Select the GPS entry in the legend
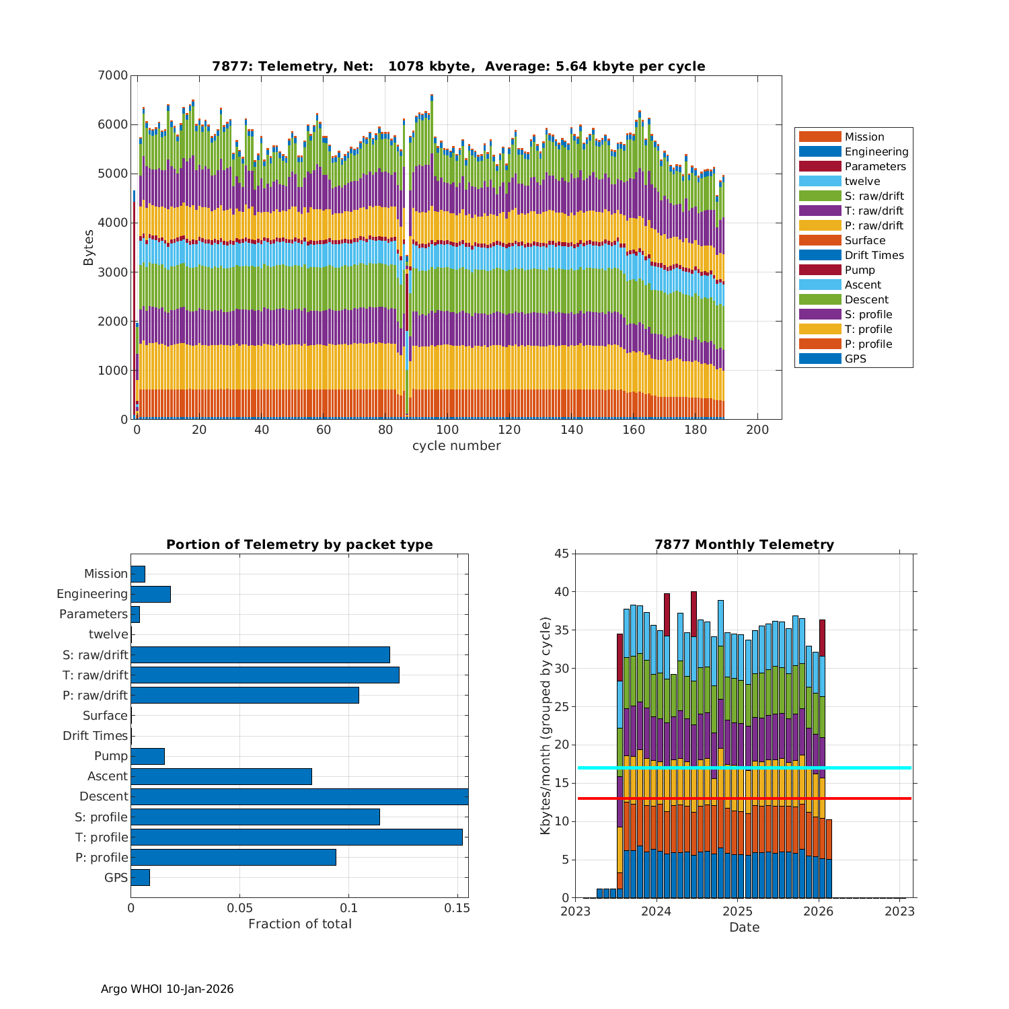click(855, 359)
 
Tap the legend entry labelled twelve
click(862, 182)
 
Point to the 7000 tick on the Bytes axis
click(114, 75)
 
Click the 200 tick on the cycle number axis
click(757, 431)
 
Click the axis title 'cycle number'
click(456, 446)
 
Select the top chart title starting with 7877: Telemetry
click(458, 67)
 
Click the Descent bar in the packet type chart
click(299, 796)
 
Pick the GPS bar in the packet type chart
click(140, 877)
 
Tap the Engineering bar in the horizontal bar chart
click(151, 594)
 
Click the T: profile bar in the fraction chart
click(296, 837)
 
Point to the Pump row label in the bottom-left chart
click(110, 756)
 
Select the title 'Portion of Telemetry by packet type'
click(299, 545)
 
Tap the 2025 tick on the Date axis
click(737, 911)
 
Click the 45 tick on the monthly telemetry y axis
click(562, 554)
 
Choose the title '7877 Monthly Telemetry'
click(744, 545)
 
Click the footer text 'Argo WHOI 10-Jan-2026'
click(167, 989)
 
